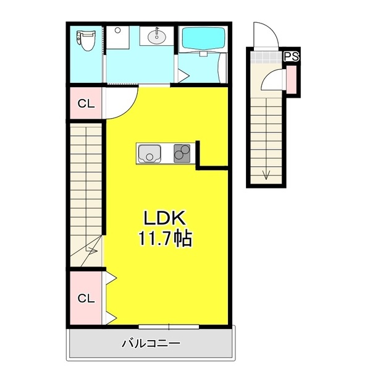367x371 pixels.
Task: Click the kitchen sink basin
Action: pos(149,153)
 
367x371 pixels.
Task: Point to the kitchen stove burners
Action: pos(182,152)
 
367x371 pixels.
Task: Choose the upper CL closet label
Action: pos(86,103)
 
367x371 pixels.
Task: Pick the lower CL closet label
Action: pos(86,299)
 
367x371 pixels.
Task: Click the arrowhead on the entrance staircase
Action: pos(266,175)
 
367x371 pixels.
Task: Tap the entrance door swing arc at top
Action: pos(263,34)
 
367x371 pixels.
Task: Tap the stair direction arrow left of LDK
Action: pos(91,250)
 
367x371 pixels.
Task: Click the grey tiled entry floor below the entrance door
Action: pos(266,58)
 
